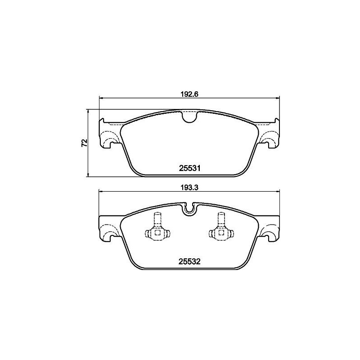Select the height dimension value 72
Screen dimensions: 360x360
click(84, 143)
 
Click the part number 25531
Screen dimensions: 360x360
click(189, 168)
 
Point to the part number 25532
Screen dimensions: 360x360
click(189, 260)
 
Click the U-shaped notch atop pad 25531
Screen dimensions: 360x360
click(189, 117)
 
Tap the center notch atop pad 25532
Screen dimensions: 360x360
click(189, 207)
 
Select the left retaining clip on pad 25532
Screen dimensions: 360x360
click(157, 229)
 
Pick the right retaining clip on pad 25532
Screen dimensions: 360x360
click(221, 229)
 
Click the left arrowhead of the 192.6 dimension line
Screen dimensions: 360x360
click(101, 98)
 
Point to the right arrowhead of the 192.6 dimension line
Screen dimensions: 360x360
click(278, 98)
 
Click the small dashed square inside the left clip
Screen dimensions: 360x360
click(157, 233)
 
